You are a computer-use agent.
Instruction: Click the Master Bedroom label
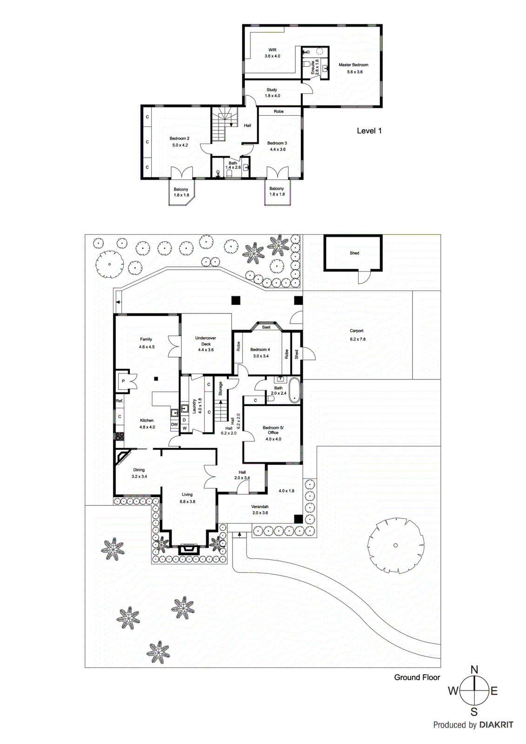pyautogui.click(x=353, y=68)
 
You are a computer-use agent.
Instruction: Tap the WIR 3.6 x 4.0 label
pyautogui.click(x=273, y=53)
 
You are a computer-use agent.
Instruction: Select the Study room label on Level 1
pyautogui.click(x=272, y=93)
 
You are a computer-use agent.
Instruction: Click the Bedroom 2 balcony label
pyautogui.click(x=181, y=192)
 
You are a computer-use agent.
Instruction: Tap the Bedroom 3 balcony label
pyautogui.click(x=277, y=191)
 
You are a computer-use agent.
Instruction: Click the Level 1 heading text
pyautogui.click(x=369, y=131)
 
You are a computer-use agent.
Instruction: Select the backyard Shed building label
pyautogui.click(x=354, y=253)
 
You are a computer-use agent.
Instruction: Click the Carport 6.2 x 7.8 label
pyautogui.click(x=357, y=335)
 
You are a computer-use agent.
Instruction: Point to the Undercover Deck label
pyautogui.click(x=206, y=344)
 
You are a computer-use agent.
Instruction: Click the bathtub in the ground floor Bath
pyautogui.click(x=294, y=391)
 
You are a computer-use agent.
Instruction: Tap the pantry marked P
pyautogui.click(x=123, y=381)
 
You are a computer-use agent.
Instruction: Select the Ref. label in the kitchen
pyautogui.click(x=120, y=401)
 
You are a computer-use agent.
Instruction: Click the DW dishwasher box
pyautogui.click(x=174, y=425)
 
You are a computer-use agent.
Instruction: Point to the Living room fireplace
pyautogui.click(x=189, y=549)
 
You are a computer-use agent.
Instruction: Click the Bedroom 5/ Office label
pyautogui.click(x=273, y=433)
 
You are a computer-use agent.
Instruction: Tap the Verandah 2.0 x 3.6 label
pyautogui.click(x=260, y=510)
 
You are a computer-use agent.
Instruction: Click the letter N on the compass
pyautogui.click(x=474, y=670)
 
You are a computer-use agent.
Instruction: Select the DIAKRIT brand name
pyautogui.click(x=496, y=725)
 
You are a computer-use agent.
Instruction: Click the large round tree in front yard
pyautogui.click(x=395, y=545)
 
